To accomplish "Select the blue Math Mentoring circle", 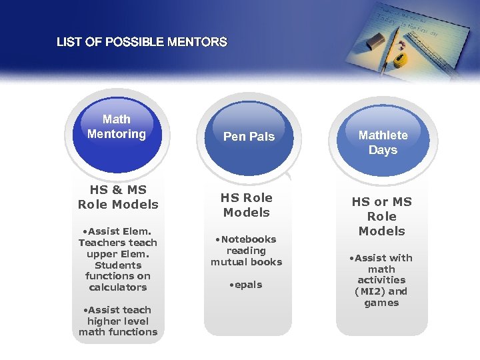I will coord(117,133).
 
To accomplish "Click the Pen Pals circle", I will coord(249,137).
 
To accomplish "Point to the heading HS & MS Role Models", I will coord(118,197).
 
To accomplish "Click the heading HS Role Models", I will coord(246,205).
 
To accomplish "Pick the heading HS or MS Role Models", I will coord(382,216).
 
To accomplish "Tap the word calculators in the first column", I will coord(118,287).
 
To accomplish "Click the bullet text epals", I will coord(247,285).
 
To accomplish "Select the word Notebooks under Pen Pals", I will coord(249,239).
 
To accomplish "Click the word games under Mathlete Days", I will coord(381,303).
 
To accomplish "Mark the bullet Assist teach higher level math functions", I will coord(118,321).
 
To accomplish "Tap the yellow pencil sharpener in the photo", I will coord(401,61).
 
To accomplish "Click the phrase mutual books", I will coord(247,262).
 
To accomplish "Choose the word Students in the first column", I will coord(118,265).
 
